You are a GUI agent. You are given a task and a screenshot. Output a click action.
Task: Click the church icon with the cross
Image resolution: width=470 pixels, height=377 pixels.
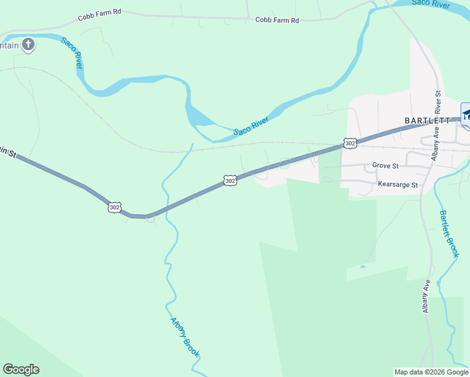click(x=28, y=44)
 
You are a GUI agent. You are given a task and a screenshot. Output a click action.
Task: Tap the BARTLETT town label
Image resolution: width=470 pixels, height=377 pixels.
click(x=427, y=120)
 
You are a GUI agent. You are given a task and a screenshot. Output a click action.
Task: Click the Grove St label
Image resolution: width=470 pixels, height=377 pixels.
click(x=385, y=166)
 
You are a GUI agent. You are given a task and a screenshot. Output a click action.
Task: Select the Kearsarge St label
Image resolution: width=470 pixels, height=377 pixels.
click(x=398, y=185)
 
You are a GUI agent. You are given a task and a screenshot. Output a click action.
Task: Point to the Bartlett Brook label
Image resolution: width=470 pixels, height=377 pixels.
click(x=449, y=234)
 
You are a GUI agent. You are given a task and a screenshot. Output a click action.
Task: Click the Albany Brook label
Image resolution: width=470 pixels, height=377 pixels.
click(x=185, y=337)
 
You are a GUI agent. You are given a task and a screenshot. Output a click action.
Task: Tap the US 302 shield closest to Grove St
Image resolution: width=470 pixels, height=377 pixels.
click(x=351, y=143)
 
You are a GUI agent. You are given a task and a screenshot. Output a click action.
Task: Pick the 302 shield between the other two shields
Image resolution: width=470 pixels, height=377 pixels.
click(x=230, y=181)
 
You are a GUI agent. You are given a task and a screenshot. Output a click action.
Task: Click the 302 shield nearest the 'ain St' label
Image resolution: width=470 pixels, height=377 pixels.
click(x=114, y=207)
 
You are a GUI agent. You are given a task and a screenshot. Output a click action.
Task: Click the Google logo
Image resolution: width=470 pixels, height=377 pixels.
click(x=21, y=369)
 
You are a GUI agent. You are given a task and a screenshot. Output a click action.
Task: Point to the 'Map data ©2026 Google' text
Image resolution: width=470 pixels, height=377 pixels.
click(x=432, y=372)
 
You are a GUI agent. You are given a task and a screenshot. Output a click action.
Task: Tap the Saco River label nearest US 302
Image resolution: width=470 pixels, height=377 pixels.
click(x=251, y=125)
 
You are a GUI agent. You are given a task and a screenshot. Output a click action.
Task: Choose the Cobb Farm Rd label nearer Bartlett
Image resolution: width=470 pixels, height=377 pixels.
click(x=276, y=20)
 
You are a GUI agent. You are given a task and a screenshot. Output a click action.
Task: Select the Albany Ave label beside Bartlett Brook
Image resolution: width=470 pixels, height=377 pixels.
click(x=427, y=296)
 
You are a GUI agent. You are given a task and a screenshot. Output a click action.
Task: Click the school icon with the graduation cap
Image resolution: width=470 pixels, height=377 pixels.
click(x=466, y=114)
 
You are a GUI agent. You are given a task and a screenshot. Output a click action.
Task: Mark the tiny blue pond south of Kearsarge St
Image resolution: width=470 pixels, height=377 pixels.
click(x=363, y=266)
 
